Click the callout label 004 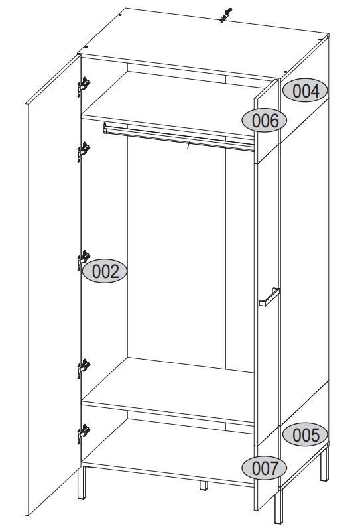[305, 91]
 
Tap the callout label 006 [265, 120]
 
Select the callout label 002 [105, 271]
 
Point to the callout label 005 [305, 434]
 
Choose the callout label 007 [265, 468]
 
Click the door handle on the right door [269, 297]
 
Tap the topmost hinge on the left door [84, 86]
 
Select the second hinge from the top [84, 151]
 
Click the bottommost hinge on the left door [84, 434]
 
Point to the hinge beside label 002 [84, 260]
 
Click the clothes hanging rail [178, 137]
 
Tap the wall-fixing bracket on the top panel [225, 15]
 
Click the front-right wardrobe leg [278, 505]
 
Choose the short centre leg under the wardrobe [204, 486]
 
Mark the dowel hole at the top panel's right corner [320, 39]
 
